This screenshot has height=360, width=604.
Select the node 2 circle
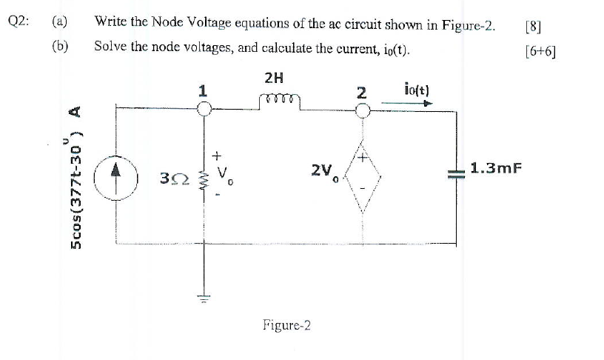tap(363, 110)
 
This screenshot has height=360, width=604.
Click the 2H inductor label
tap(273, 77)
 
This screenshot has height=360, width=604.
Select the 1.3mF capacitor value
tap(497, 168)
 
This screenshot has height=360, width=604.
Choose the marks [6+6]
tap(539, 52)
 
